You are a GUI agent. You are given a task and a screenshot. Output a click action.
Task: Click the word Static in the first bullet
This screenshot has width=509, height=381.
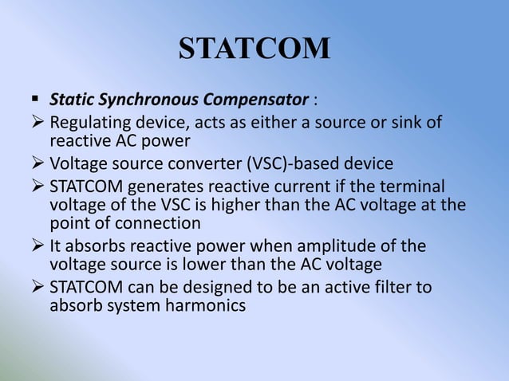tap(69, 101)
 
